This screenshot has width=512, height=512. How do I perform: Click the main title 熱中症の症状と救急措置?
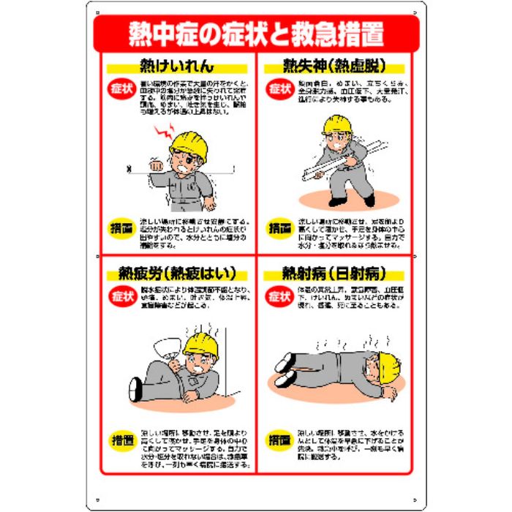[255, 32]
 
